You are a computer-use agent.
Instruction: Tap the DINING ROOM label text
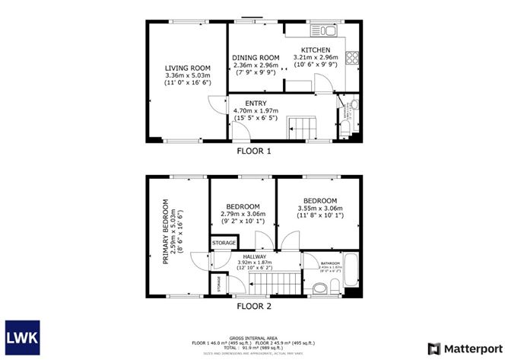(256, 58)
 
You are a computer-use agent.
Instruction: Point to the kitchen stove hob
(353, 56)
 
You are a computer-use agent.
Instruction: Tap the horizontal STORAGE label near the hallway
(224, 243)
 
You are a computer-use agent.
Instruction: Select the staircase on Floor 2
(259, 283)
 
